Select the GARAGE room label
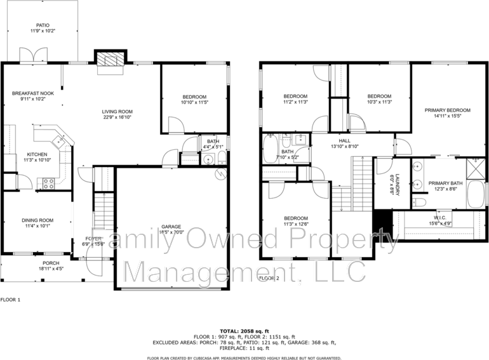click(x=171, y=227)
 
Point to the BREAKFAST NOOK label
click(x=32, y=93)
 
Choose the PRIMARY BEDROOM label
click(x=447, y=110)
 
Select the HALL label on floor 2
click(x=344, y=141)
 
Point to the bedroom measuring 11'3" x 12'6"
click(x=295, y=220)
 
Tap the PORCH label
click(x=50, y=263)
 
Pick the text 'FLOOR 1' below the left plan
click(x=10, y=299)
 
